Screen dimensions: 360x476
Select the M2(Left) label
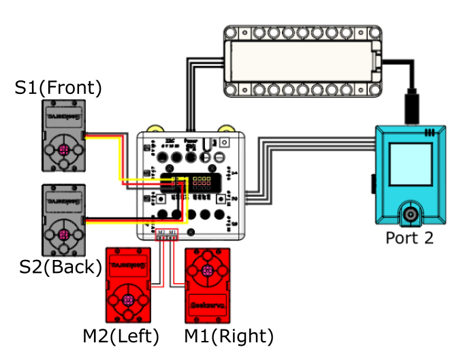(121, 336)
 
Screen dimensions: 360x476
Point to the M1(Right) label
(229, 336)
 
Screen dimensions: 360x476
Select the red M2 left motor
(127, 285)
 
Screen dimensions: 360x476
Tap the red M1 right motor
(208, 285)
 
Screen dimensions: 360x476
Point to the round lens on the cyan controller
(411, 215)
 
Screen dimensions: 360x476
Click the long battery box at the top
(302, 59)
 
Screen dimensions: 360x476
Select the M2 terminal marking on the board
(162, 233)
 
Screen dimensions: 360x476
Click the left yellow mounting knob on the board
(156, 129)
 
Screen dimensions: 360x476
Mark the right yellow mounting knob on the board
(226, 129)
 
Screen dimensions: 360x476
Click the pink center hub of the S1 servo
(63, 150)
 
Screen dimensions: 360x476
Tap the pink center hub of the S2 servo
(63, 235)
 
